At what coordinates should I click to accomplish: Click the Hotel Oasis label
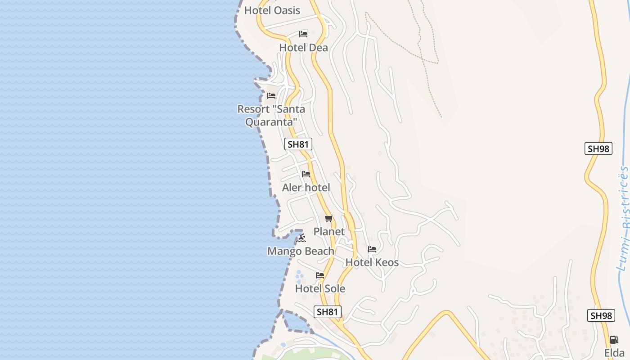point(272,10)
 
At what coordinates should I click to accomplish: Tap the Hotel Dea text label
point(303,48)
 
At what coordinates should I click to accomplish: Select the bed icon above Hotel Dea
point(303,34)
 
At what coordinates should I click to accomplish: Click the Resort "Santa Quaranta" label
point(271,115)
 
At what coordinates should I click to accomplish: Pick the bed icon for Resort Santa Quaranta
point(271,96)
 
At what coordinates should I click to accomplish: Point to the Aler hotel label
point(306,188)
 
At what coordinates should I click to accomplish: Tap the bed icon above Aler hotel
point(306,174)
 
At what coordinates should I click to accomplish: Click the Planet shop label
point(329,232)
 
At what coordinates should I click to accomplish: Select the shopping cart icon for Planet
point(329,219)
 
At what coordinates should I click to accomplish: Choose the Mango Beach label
point(301,251)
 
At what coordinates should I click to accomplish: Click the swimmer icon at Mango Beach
point(301,238)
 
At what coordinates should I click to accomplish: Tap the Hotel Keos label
point(372,262)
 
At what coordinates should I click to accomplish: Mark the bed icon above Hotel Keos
point(372,249)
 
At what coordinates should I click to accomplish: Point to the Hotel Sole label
point(320,288)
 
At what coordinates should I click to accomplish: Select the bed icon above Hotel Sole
point(320,275)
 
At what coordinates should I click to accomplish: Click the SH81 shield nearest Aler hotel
point(298,144)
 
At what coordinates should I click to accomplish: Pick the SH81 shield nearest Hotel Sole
point(327,311)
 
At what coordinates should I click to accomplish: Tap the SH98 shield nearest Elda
point(601,315)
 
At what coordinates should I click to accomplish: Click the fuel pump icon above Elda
point(614,340)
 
